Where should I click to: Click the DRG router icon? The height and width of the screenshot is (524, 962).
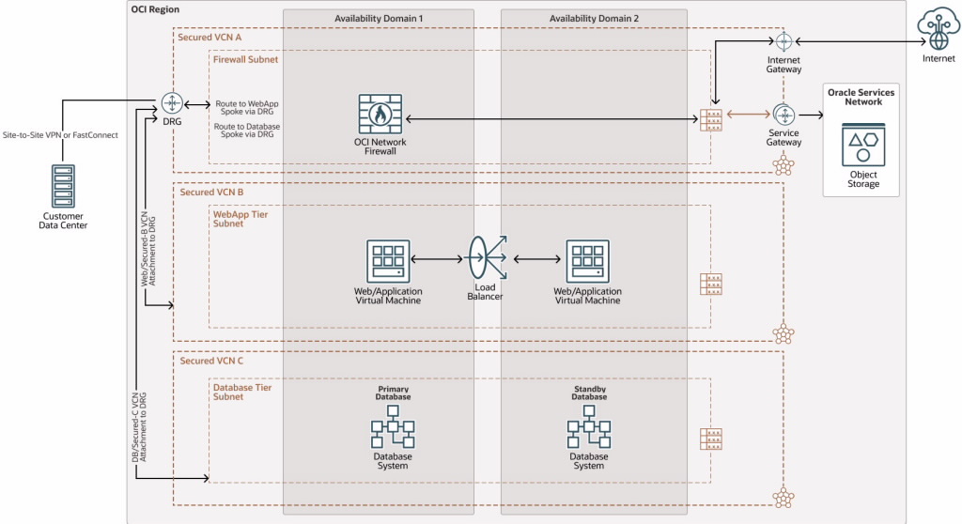(170, 103)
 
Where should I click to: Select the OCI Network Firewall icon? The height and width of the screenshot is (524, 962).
(380, 114)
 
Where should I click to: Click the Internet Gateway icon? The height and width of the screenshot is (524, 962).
(784, 41)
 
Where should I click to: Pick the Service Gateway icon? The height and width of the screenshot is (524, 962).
(784, 115)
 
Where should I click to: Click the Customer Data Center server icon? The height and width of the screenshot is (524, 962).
(63, 186)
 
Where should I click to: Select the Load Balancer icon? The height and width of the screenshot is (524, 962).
(487, 259)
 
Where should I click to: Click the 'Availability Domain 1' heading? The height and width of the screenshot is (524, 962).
(379, 20)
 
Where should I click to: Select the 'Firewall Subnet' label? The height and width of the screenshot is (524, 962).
(246, 59)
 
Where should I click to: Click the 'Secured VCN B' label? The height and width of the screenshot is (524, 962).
(211, 192)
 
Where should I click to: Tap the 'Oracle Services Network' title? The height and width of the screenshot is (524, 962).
(861, 97)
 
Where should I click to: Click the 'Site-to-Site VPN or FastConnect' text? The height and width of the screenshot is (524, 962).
(61, 135)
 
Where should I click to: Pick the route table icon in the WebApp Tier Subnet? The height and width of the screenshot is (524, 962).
(711, 284)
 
